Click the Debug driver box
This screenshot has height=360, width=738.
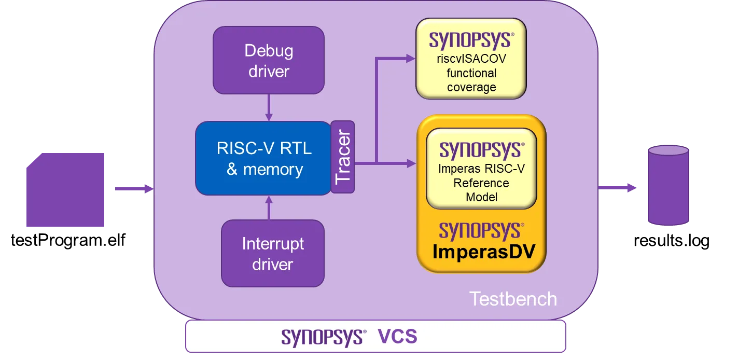(268, 60)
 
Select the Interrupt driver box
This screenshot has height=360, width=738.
(272, 253)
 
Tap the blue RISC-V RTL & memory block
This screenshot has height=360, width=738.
(263, 158)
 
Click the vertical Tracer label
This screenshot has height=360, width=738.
(343, 157)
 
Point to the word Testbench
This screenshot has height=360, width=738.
(513, 299)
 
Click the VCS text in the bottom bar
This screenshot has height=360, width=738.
(397, 337)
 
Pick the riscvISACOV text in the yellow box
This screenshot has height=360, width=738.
(471, 59)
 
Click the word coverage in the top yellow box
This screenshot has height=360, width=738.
(471, 87)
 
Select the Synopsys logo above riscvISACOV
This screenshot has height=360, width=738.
(471, 40)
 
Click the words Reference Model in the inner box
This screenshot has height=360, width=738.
(481, 190)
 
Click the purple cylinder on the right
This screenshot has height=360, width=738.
(669, 185)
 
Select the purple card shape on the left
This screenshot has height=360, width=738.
(66, 189)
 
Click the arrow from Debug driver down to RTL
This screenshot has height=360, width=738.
(268, 107)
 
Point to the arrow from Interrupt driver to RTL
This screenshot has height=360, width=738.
(268, 207)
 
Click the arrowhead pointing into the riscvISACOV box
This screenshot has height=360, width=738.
(410, 59)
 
